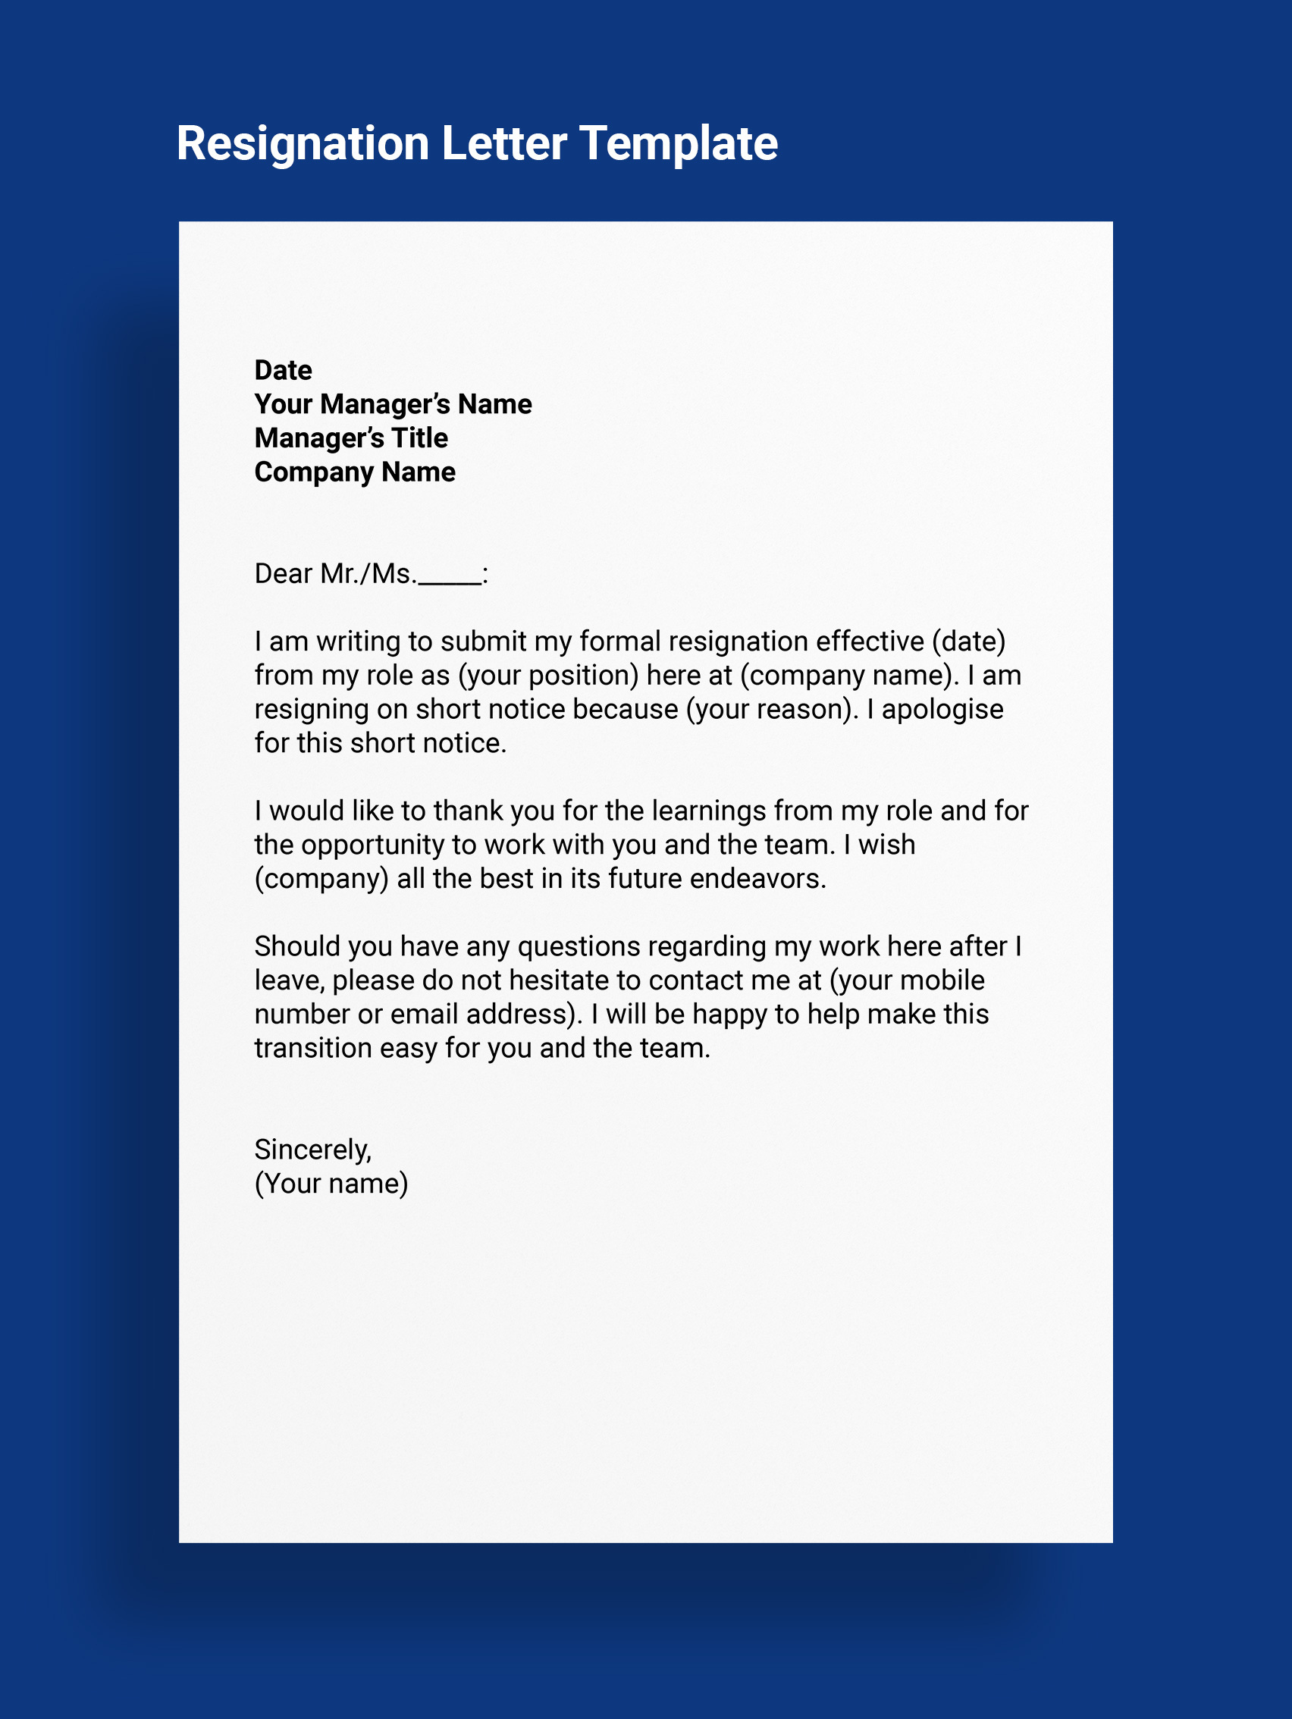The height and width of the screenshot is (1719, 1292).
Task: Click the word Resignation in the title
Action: (x=303, y=145)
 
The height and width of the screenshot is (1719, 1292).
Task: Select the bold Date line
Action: (x=283, y=371)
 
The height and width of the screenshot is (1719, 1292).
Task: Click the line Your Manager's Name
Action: (x=392, y=405)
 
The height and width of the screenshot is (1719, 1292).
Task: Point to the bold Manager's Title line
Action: (x=350, y=438)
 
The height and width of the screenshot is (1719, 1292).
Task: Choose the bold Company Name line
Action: (x=354, y=472)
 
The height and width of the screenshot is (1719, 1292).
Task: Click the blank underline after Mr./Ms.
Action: (x=449, y=582)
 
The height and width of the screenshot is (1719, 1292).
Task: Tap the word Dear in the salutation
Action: (x=283, y=574)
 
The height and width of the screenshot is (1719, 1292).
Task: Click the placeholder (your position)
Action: (x=547, y=676)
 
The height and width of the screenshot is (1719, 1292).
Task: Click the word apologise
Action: (x=942, y=710)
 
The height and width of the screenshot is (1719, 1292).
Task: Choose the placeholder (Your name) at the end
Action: (x=331, y=1184)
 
